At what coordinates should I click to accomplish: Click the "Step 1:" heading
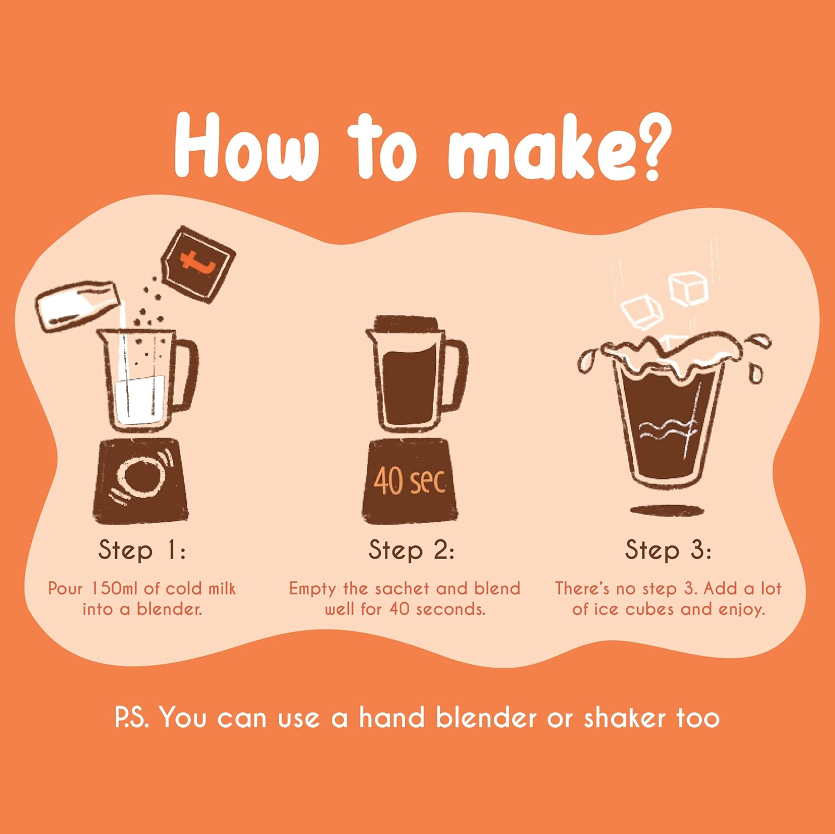pyautogui.click(x=142, y=550)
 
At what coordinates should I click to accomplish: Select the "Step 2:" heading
pyautogui.click(x=411, y=550)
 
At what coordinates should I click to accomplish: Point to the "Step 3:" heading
pyautogui.click(x=668, y=550)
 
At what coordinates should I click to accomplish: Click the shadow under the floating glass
pyautogui.click(x=667, y=510)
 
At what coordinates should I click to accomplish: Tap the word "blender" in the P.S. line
pyautogui.click(x=486, y=718)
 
